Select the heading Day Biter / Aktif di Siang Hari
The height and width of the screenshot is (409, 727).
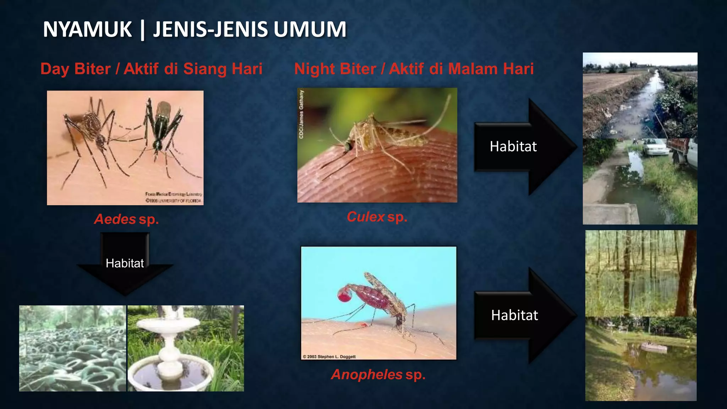tap(151, 69)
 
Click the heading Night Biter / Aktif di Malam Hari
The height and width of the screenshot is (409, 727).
tap(414, 69)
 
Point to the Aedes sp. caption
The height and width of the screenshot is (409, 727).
tap(126, 219)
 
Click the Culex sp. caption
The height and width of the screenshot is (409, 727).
tap(377, 217)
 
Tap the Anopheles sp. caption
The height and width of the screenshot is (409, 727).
tap(378, 374)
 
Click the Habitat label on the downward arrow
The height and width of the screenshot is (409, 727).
tap(125, 263)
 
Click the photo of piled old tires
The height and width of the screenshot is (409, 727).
tap(72, 348)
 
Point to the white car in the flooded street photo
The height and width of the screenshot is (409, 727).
tap(654, 146)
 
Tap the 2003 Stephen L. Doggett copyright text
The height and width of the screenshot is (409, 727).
tap(329, 356)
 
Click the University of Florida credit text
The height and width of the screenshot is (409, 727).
tap(174, 201)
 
